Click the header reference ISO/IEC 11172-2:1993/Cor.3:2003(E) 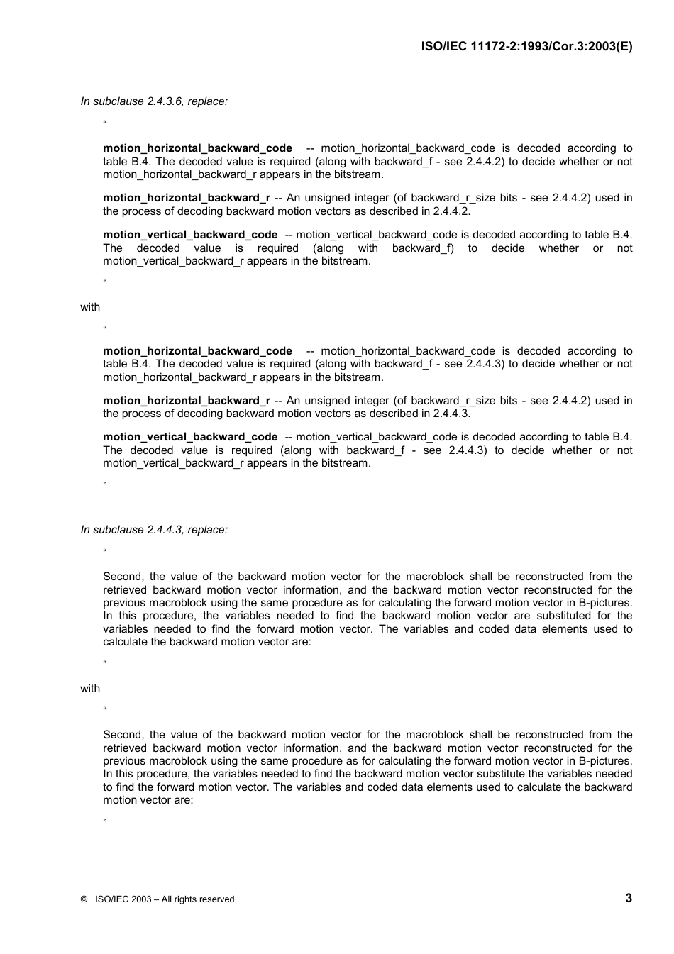pos(526,47)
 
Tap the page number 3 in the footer pos(628,898)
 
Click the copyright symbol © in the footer pos(84,899)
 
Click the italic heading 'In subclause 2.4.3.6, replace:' pos(154,101)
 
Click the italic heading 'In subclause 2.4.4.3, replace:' pos(154,530)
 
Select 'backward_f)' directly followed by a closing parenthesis pos(423,248)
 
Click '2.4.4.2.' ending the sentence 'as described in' pos(451,211)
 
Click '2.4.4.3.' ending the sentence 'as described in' pos(451,414)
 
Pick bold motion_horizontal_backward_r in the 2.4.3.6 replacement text pos(186,401)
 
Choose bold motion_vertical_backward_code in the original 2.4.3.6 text pos(190,235)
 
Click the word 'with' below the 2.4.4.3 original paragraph pos(90,689)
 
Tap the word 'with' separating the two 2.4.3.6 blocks pos(90,307)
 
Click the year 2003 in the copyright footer pos(141,899)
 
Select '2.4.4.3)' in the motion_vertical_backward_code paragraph pos(468,450)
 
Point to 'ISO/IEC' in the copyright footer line pos(111,899)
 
